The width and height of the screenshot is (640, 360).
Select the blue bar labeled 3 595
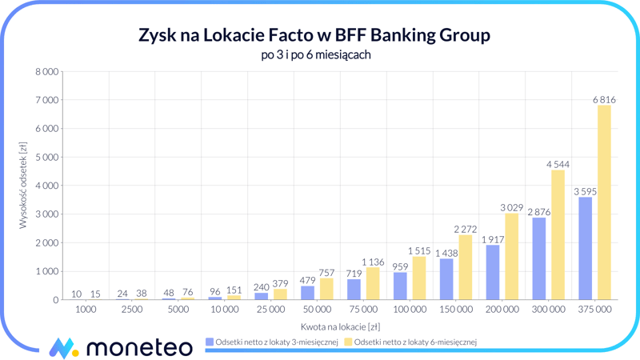586,248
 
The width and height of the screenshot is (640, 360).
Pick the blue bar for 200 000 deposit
494,272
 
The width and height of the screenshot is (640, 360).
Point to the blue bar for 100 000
400,286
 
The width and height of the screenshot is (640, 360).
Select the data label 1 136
373,262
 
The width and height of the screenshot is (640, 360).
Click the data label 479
307,281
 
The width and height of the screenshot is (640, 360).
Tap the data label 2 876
539,212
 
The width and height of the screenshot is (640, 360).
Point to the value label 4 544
558,164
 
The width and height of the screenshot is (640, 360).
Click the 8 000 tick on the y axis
46,72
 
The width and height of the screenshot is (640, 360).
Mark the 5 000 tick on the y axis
46,158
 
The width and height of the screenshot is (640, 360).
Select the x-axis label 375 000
595,309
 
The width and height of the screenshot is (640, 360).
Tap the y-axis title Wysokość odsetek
23,186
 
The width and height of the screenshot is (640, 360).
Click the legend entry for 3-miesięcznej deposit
271,342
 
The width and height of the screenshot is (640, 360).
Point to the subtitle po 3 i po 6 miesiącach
315,55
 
